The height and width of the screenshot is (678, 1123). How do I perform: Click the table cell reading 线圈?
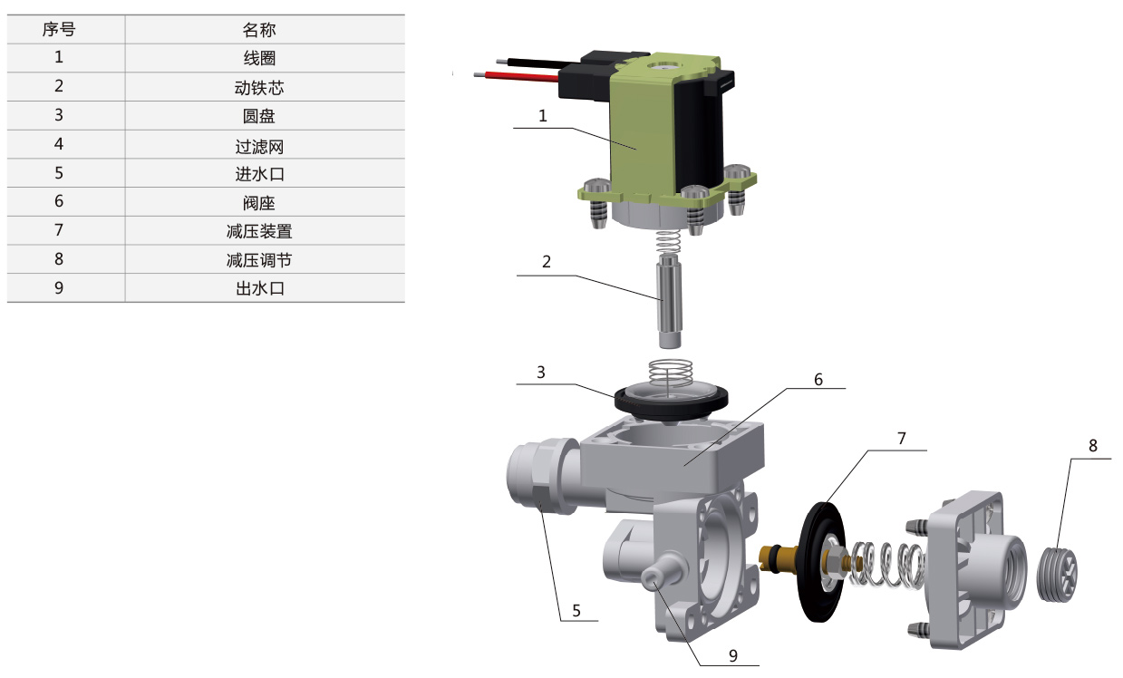click(259, 58)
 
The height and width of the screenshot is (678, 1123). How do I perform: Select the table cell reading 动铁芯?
click(259, 88)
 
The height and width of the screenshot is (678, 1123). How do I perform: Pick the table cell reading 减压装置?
click(259, 231)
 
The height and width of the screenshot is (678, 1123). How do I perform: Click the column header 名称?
click(259, 30)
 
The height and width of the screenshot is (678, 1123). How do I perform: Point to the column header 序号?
click(59, 29)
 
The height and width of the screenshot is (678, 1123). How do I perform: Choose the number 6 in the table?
click(59, 201)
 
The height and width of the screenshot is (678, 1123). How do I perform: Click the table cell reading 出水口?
click(260, 288)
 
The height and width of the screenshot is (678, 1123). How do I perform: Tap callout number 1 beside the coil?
click(542, 116)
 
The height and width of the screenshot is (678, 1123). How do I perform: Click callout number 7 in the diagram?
click(902, 439)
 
